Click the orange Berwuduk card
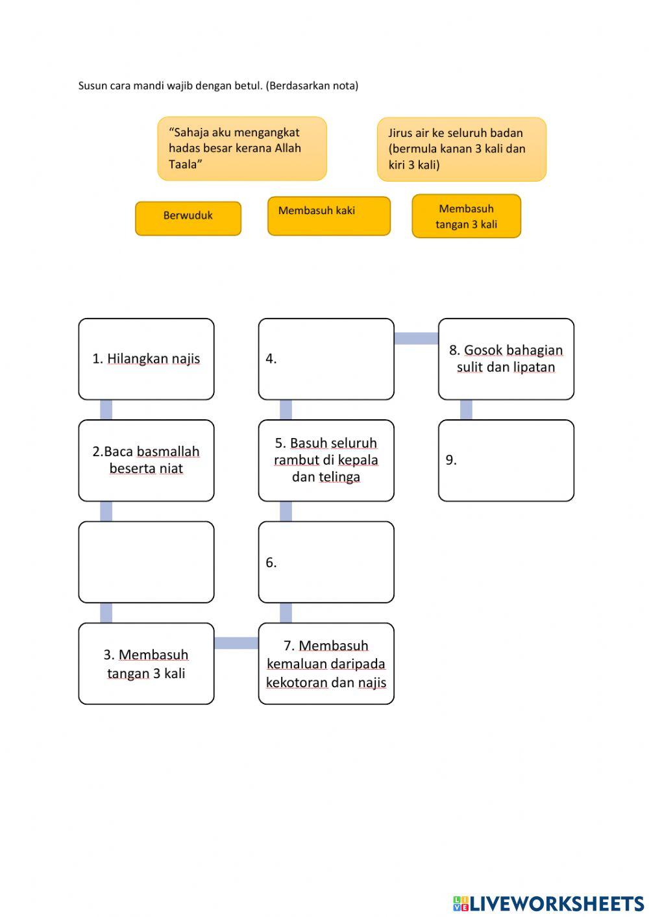click(x=188, y=218)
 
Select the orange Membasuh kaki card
click(x=328, y=215)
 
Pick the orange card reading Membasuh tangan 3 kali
click(x=466, y=216)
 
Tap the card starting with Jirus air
click(x=461, y=149)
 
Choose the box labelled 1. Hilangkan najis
click(x=146, y=359)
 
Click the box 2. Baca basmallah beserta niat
click(x=146, y=460)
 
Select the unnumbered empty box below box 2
click(x=146, y=562)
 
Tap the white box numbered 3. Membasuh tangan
click(x=146, y=663)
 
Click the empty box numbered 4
click(x=326, y=359)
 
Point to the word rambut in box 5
click(x=296, y=460)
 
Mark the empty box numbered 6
click(x=326, y=562)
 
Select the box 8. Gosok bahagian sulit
click(x=506, y=359)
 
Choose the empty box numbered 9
click(x=506, y=460)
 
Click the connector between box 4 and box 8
click(x=416, y=338)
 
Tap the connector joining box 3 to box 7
click(x=236, y=643)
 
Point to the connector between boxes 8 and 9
click(x=466, y=410)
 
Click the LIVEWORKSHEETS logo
click(x=548, y=903)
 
